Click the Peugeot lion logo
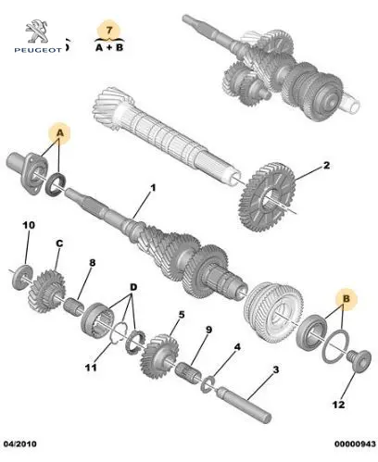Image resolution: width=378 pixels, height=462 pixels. pyautogui.click(x=37, y=31)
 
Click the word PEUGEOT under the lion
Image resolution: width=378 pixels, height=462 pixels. pyautogui.click(x=38, y=50)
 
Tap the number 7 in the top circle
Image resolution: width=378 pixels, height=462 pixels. pyautogui.click(x=109, y=31)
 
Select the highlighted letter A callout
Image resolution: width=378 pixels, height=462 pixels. pyautogui.click(x=60, y=133)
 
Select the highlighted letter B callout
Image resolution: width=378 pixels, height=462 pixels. pyautogui.click(x=346, y=299)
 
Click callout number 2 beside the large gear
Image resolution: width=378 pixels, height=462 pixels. pyautogui.click(x=326, y=165)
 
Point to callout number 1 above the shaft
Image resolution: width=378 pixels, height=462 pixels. pyautogui.click(x=153, y=188)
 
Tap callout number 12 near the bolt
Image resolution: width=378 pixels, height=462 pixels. pyautogui.click(x=338, y=404)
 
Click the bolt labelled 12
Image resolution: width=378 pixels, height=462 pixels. pyautogui.click(x=359, y=361)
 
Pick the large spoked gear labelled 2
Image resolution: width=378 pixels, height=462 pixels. pyautogui.click(x=267, y=197)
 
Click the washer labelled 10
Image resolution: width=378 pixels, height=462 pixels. pyautogui.click(x=22, y=277)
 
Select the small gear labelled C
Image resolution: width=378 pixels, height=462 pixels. pyautogui.click(x=47, y=292)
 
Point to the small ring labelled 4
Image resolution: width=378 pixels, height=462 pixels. pyautogui.click(x=207, y=383)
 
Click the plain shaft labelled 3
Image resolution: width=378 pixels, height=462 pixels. pyautogui.click(x=244, y=405)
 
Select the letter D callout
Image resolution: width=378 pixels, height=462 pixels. pyautogui.click(x=133, y=287)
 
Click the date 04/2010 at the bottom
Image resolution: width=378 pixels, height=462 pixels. pyautogui.click(x=19, y=444)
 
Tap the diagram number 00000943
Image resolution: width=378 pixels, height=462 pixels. pyautogui.click(x=355, y=444)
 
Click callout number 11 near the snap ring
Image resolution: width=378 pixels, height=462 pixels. pyautogui.click(x=91, y=368)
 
